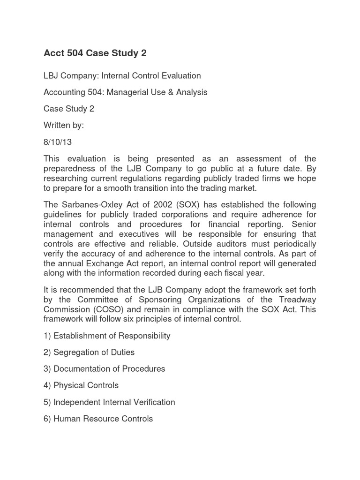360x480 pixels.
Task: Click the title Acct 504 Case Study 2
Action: click(x=95, y=53)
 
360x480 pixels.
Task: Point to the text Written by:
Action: click(x=64, y=126)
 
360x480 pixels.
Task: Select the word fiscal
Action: click(x=259, y=273)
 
